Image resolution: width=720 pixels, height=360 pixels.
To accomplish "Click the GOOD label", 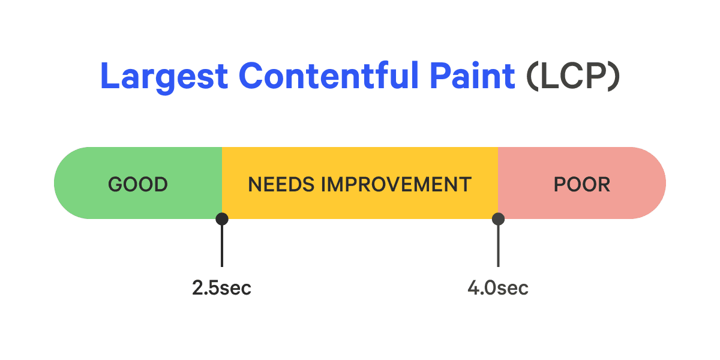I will (x=138, y=184).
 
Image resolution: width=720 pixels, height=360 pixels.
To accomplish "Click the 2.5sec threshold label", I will (x=221, y=288).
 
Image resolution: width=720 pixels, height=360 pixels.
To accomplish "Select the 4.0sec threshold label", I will (x=498, y=288).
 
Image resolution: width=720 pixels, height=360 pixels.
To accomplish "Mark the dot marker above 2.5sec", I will (x=222, y=219).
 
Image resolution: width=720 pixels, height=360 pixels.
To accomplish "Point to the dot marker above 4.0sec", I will (x=498, y=219).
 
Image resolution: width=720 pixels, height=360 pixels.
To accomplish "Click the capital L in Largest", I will (x=109, y=77).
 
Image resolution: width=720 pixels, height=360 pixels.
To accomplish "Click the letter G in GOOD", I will (x=115, y=184).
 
